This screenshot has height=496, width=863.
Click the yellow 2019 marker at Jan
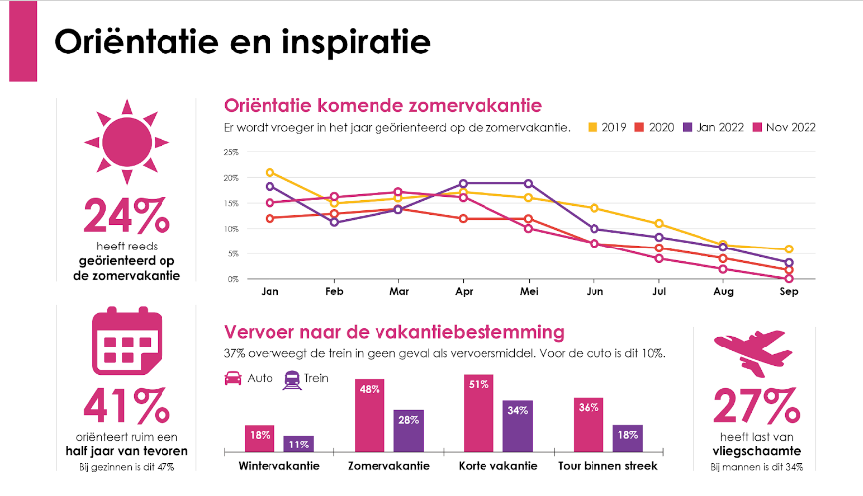[x=270, y=173]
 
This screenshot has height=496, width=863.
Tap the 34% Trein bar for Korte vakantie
[x=518, y=427]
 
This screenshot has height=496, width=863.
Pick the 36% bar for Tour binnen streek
[x=588, y=425]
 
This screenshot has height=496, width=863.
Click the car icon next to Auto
[x=233, y=378]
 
